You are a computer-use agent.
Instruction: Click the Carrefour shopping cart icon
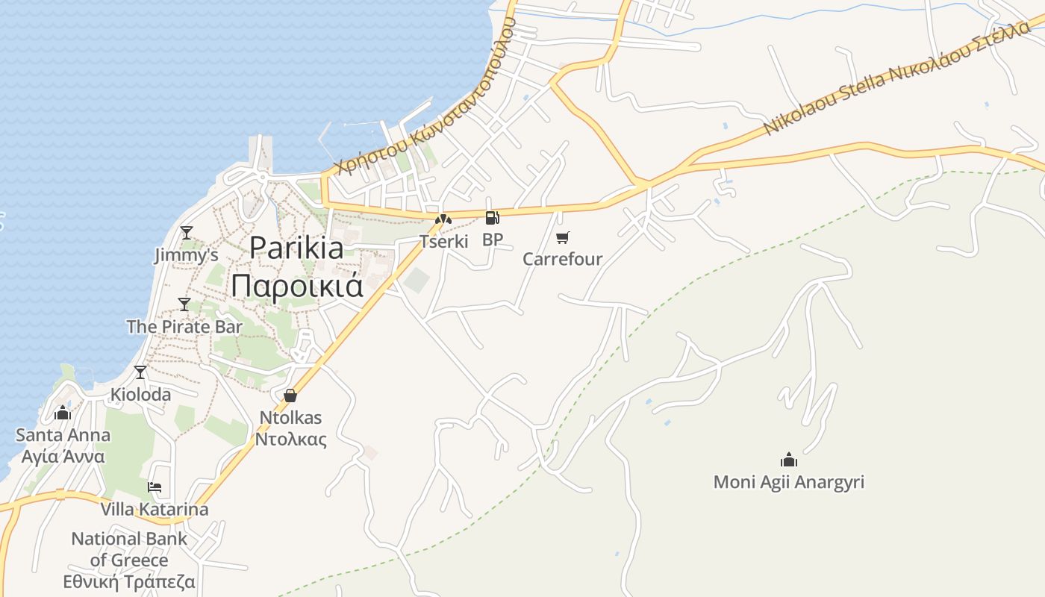coord(563,238)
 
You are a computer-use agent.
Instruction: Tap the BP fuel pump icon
coord(492,218)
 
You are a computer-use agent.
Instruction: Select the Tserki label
coord(443,241)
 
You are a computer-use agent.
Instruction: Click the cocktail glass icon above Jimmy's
coord(187,233)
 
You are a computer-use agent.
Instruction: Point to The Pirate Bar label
coord(184,327)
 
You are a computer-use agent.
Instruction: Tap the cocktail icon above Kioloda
coord(140,372)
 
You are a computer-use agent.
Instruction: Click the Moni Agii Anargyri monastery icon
coord(789,459)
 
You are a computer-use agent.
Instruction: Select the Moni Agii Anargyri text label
coord(789,482)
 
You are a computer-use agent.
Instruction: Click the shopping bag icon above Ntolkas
coord(290,396)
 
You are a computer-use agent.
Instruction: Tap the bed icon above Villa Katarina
coord(155,487)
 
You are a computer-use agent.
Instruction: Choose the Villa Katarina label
coord(155,510)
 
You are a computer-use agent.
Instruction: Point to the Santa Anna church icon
coord(63,413)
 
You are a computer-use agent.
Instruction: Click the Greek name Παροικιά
coord(296,284)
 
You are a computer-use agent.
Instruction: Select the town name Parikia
coord(296,248)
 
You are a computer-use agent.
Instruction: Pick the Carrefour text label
coord(562,260)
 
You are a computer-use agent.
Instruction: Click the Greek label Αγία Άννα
coord(63,457)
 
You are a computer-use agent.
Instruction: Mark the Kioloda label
coord(140,394)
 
